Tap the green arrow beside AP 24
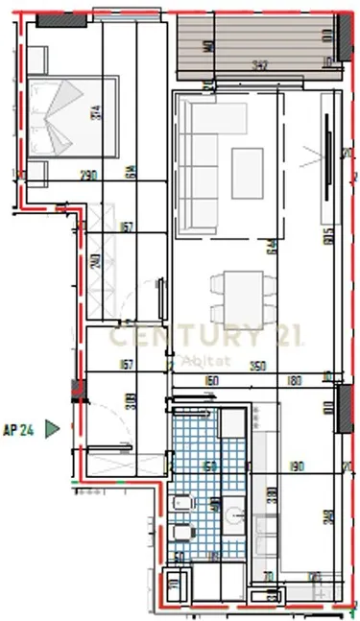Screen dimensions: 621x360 point(54,428)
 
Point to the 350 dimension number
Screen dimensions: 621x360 point(256,366)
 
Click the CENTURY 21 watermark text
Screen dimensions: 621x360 point(205,337)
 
